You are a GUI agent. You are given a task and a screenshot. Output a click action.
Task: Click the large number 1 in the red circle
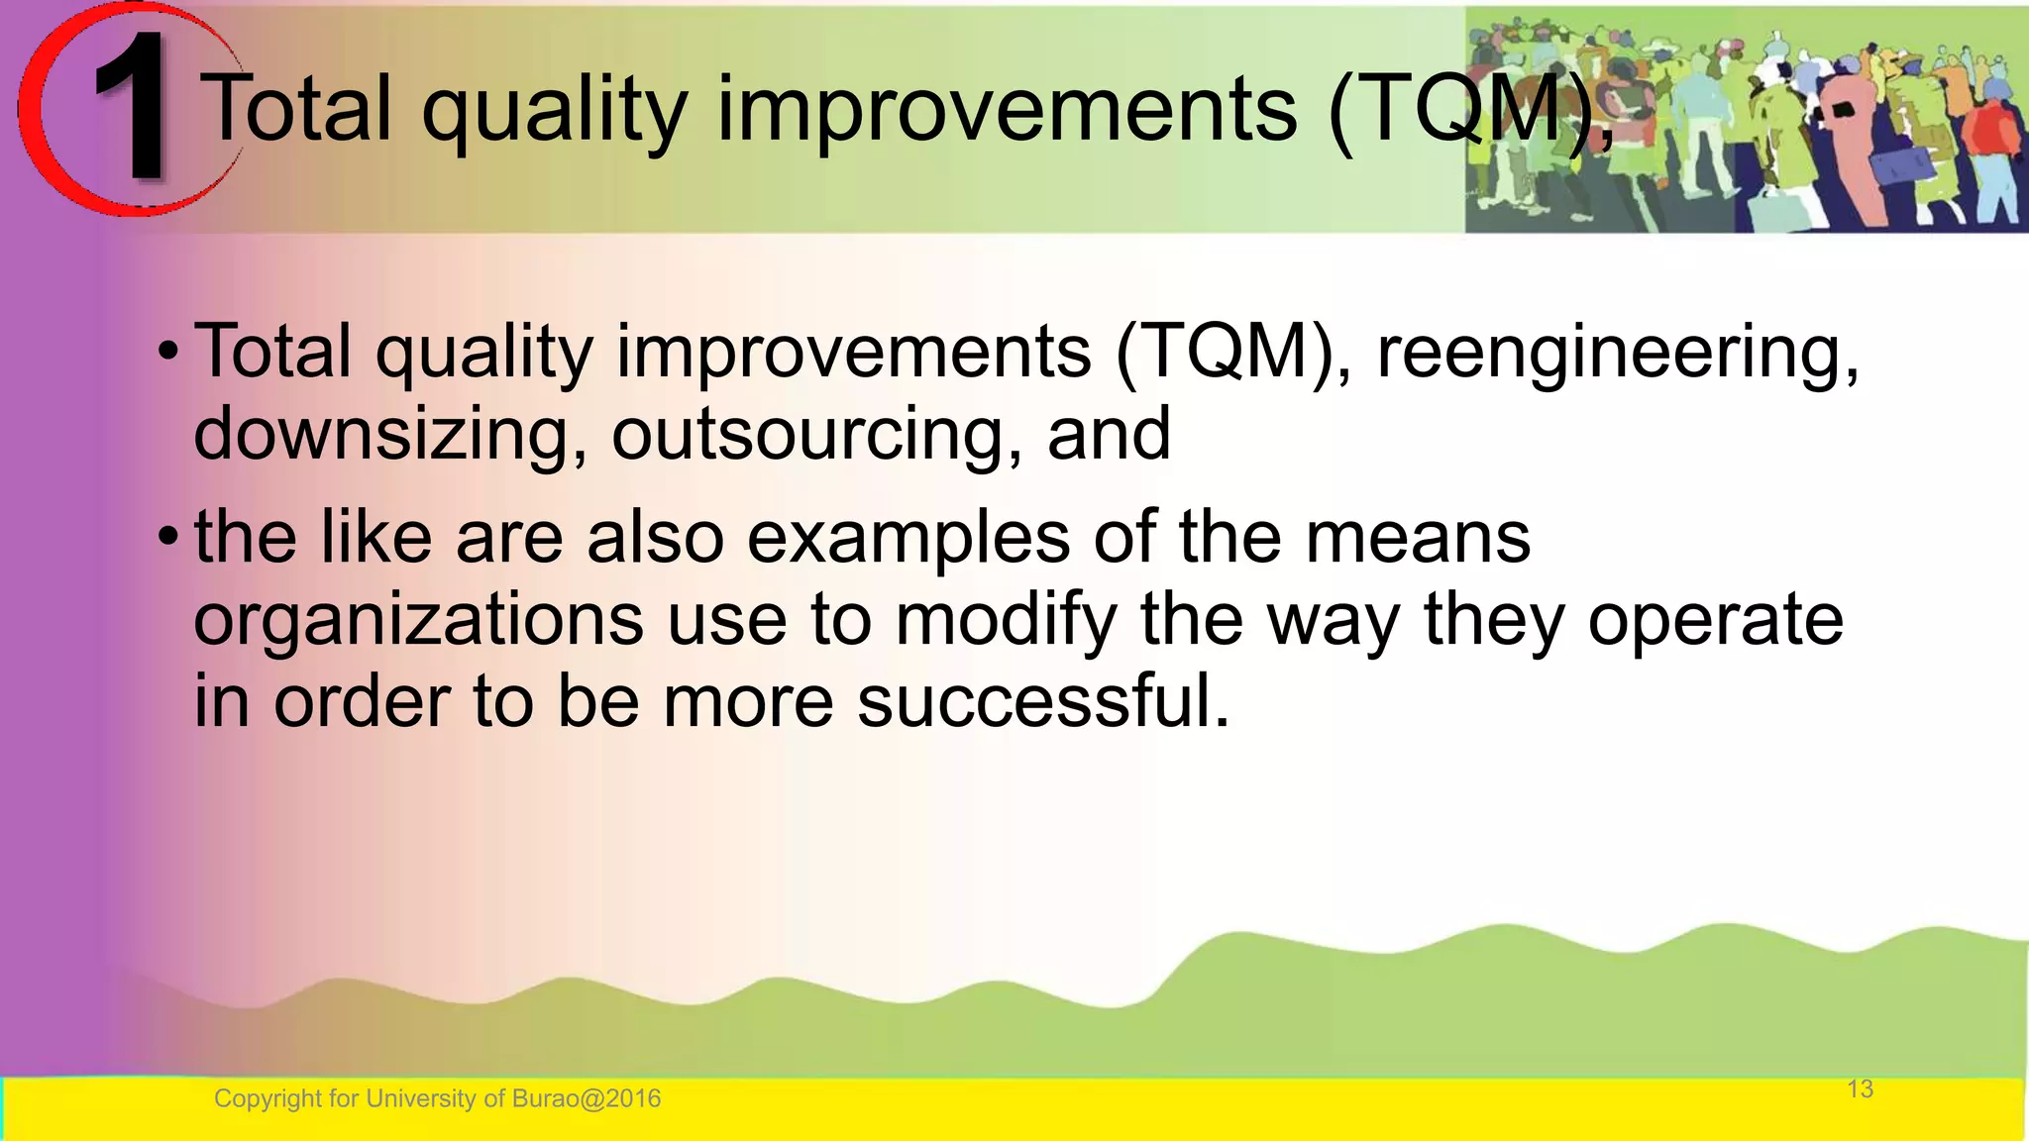tap(132, 109)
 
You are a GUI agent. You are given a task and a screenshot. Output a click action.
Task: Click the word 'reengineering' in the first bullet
tap(1617, 354)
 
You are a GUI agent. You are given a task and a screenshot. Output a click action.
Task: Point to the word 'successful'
tap(1042, 702)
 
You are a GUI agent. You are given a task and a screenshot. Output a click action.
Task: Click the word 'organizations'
tap(418, 622)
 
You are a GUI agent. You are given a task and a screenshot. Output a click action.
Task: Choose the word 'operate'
tap(1715, 622)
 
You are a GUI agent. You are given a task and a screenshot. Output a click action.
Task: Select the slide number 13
tap(1860, 1089)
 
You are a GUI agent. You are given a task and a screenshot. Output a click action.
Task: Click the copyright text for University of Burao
tap(437, 1098)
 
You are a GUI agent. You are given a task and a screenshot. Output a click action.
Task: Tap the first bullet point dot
tap(169, 354)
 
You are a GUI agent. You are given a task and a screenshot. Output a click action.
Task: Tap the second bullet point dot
tap(169, 539)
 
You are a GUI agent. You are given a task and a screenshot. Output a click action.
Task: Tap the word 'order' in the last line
tap(363, 702)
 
